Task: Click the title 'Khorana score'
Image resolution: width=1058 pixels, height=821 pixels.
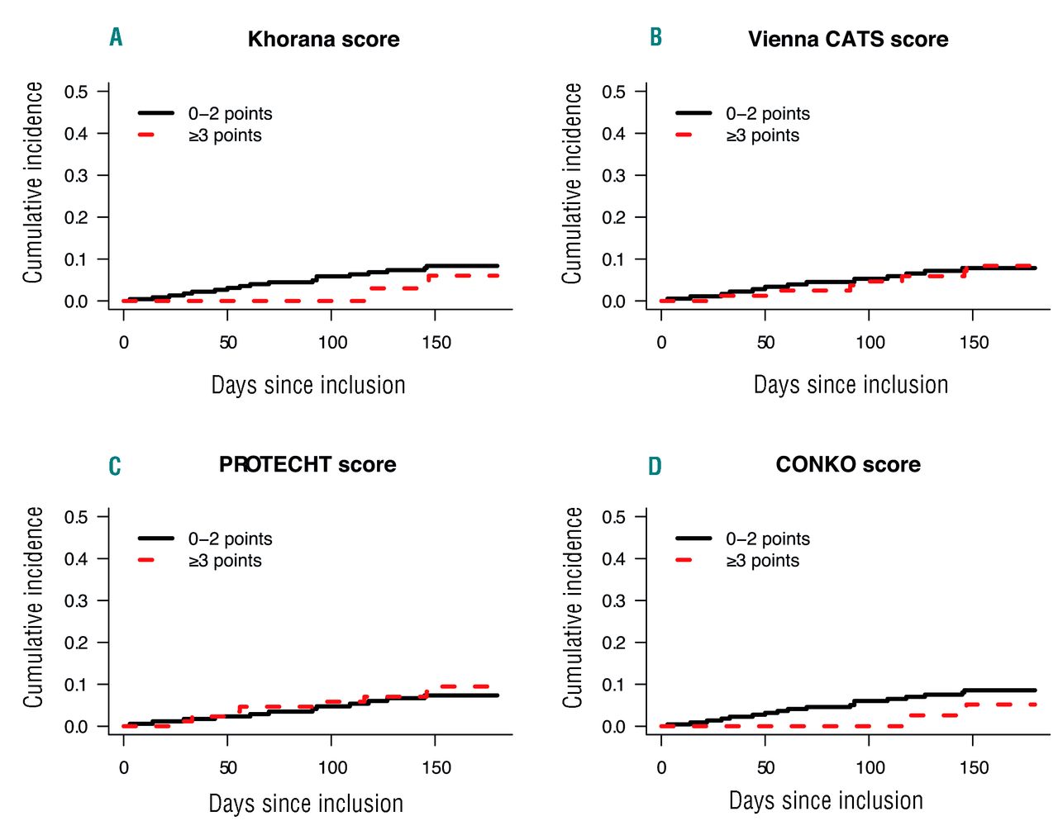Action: (323, 40)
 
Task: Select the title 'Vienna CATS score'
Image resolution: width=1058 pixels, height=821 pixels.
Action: (848, 40)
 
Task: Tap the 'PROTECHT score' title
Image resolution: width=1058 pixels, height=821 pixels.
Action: (307, 465)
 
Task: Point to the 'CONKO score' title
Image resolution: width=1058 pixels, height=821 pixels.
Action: (848, 465)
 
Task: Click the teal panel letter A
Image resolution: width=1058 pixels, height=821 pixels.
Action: (116, 37)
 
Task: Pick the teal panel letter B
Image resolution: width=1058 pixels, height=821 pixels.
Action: (655, 37)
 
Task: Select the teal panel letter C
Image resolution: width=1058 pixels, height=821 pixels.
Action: (115, 467)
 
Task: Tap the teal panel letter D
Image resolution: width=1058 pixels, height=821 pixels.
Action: (655, 467)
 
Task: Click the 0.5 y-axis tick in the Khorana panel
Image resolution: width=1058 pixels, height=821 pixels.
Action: (76, 92)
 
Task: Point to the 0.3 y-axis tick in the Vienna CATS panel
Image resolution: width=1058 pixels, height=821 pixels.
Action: (613, 176)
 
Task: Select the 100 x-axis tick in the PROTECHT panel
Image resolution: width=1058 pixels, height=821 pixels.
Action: (332, 768)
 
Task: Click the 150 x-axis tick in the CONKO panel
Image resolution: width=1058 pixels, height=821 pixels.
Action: (974, 768)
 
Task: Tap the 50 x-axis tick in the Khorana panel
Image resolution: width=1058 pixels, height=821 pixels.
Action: (228, 343)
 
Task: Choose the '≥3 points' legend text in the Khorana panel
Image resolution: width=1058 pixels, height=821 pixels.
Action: (225, 135)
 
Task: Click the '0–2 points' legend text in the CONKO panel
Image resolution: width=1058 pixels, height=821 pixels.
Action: (768, 539)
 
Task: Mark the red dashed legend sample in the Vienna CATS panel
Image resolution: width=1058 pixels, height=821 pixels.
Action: (684, 135)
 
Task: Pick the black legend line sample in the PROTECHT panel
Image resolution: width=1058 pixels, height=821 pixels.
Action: (155, 539)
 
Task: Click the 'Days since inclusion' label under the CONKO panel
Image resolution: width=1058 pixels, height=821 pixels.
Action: (826, 800)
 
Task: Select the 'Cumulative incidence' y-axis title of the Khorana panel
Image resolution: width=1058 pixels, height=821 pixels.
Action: (33, 183)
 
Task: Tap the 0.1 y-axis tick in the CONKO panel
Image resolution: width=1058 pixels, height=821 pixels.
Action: (613, 685)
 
